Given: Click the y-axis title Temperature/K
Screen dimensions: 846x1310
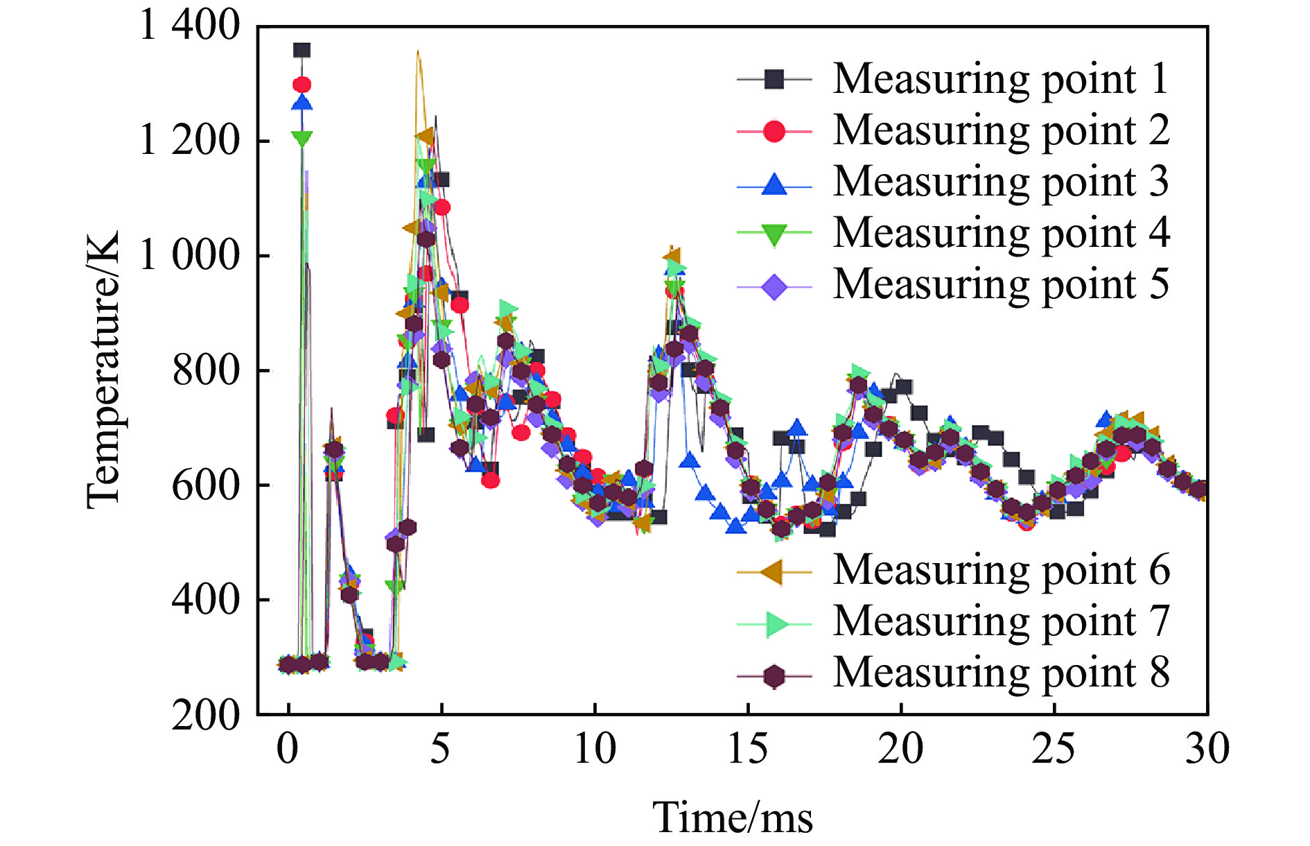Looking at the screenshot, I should click(x=104, y=370).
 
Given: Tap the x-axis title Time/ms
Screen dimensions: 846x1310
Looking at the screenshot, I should click(x=733, y=818).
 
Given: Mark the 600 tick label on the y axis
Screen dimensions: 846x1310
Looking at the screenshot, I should click(x=205, y=485).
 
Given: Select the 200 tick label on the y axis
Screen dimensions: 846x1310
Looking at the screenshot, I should click(x=205, y=714).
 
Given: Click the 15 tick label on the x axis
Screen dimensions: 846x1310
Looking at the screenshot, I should click(x=748, y=750).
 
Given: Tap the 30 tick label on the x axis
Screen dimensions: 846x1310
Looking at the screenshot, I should click(x=1207, y=750).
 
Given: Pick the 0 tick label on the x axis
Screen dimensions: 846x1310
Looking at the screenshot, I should click(x=288, y=750).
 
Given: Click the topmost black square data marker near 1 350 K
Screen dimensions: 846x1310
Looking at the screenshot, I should click(x=302, y=50).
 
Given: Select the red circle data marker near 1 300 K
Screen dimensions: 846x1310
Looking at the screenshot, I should click(x=302, y=85).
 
